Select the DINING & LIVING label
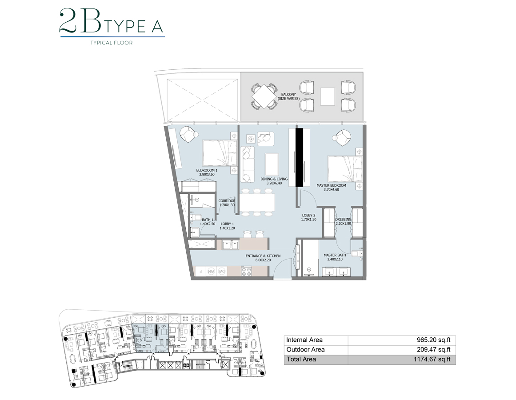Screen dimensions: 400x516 [x=274, y=181]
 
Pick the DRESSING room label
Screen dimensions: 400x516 [x=343, y=222]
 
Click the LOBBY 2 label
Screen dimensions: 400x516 [x=308, y=217]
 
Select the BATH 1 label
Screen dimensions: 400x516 [x=208, y=222]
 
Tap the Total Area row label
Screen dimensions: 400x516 [x=301, y=359]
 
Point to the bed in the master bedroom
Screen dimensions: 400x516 [x=344, y=169]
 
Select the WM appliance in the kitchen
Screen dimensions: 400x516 [x=212, y=271]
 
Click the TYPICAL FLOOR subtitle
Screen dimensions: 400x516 [x=112, y=43]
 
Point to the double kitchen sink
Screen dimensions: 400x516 [x=231, y=244]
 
